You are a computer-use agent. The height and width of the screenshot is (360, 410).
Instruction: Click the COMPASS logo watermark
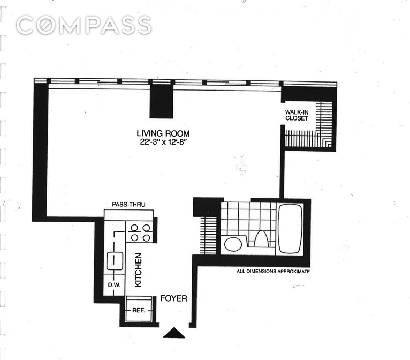[83, 25]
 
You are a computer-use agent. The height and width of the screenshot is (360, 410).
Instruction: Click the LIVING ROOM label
[163, 133]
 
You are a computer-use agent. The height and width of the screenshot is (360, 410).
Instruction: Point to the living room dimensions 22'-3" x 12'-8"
[163, 142]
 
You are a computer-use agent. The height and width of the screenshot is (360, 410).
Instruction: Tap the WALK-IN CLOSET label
[297, 115]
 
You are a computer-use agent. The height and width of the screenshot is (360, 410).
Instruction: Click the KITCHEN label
[138, 270]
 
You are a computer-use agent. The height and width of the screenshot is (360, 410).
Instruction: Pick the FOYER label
[173, 298]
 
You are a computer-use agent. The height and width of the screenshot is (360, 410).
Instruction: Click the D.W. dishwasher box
[113, 284]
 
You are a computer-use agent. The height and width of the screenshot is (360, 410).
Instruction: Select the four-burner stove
[140, 232]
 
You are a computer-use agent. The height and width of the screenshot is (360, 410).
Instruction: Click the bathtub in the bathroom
[291, 229]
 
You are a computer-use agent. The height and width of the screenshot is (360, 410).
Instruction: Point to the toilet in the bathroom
[261, 238]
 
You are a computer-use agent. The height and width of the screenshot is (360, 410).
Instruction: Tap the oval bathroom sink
[233, 244]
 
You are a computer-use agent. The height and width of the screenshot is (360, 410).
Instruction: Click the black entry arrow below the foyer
[173, 333]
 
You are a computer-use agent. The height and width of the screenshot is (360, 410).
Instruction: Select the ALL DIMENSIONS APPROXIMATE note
[273, 272]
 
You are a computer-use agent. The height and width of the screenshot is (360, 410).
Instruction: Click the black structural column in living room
[161, 102]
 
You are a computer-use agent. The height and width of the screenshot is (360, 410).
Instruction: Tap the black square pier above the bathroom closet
[206, 207]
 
